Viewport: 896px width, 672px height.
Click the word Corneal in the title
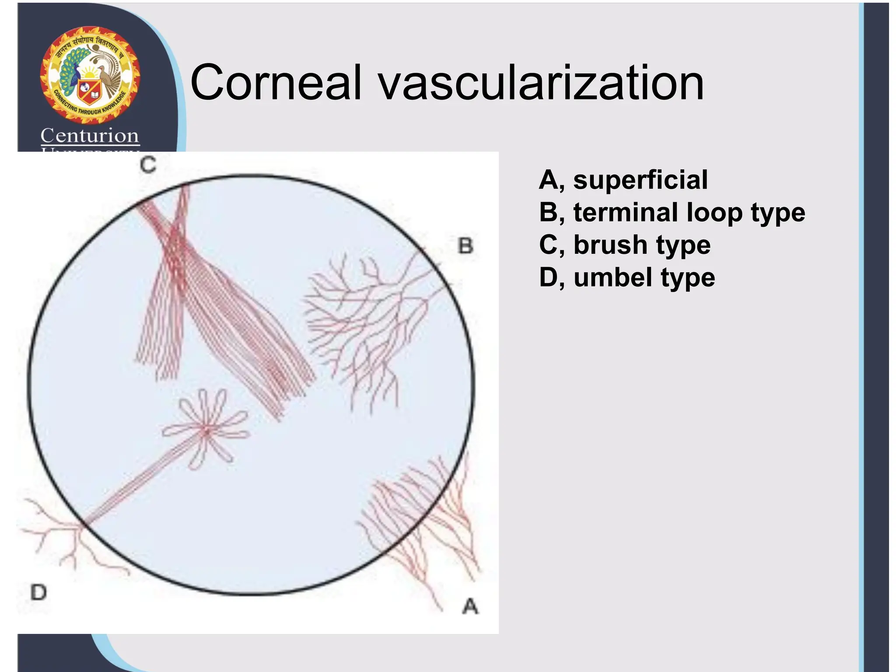pyautogui.click(x=276, y=82)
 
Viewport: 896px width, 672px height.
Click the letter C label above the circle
pyautogui.click(x=148, y=165)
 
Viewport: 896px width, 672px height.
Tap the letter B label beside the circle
pyautogui.click(x=465, y=246)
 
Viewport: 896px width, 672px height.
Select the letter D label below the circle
pyautogui.click(x=38, y=593)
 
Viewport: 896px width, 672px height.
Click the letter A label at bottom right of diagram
pyautogui.click(x=470, y=607)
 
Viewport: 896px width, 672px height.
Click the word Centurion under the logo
pyautogui.click(x=90, y=136)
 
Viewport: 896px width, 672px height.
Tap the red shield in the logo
pyautogui.click(x=89, y=92)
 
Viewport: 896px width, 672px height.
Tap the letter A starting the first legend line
pyautogui.click(x=549, y=180)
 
